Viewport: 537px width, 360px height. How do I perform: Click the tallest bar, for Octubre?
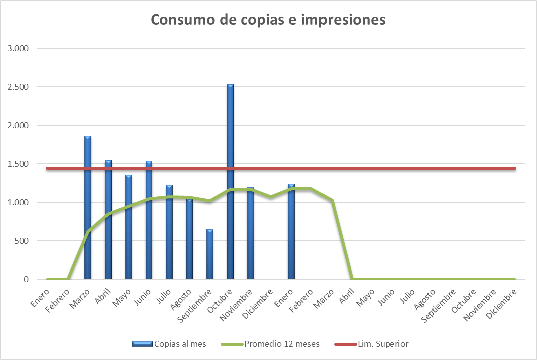[230, 181]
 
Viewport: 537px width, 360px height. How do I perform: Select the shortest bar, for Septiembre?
[210, 254]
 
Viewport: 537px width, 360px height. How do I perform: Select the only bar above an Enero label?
[291, 231]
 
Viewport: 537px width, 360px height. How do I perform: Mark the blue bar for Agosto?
[189, 239]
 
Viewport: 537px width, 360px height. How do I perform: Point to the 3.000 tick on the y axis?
[18, 49]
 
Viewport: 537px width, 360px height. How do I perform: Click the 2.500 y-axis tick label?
[18, 87]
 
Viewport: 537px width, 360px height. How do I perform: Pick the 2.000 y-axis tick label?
[18, 126]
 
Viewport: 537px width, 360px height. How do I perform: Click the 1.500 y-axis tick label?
[18, 164]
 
